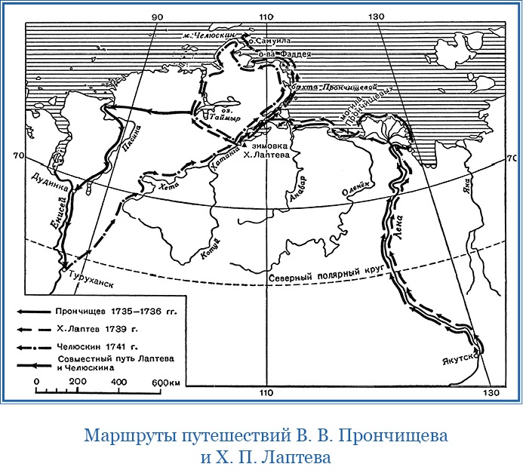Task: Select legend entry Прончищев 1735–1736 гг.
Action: [x=112, y=310]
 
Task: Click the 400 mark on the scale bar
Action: [x=119, y=382]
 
